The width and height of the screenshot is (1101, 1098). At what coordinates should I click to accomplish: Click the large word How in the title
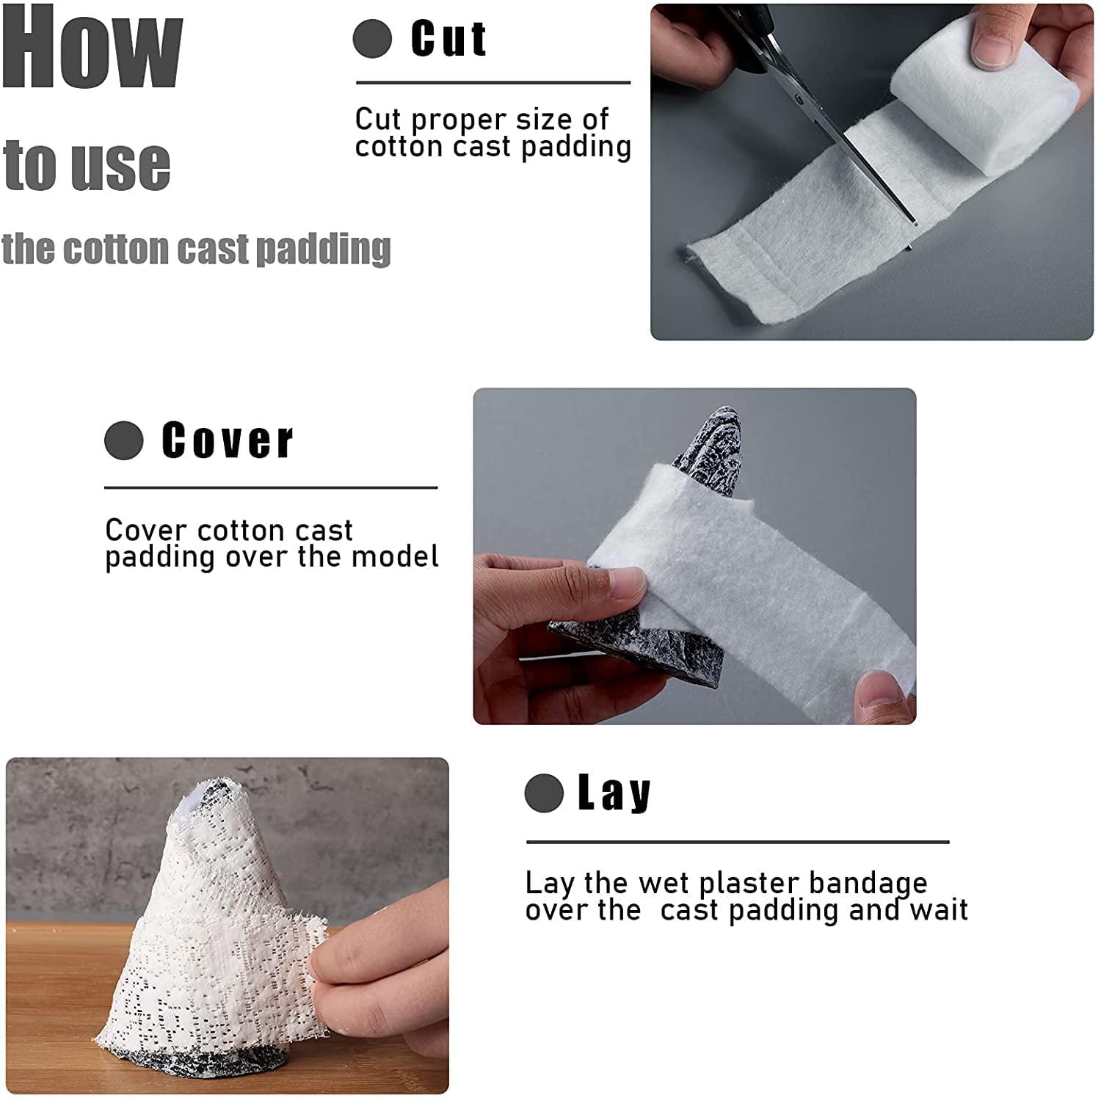[92, 48]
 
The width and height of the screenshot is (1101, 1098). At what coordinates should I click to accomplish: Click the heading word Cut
[448, 39]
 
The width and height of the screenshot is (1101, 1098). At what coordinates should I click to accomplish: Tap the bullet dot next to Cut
[372, 39]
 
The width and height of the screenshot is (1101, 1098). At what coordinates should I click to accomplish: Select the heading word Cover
[227, 440]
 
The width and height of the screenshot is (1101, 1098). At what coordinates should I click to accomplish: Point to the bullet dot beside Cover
[123, 440]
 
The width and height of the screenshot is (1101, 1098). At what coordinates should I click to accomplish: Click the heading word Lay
[614, 793]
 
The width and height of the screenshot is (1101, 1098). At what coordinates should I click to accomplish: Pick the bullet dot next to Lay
[544, 793]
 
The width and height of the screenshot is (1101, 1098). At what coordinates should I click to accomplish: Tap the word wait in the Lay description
[939, 911]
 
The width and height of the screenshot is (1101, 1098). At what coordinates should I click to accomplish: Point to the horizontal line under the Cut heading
[493, 83]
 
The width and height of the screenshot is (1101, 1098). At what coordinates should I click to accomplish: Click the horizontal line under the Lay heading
[738, 842]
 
